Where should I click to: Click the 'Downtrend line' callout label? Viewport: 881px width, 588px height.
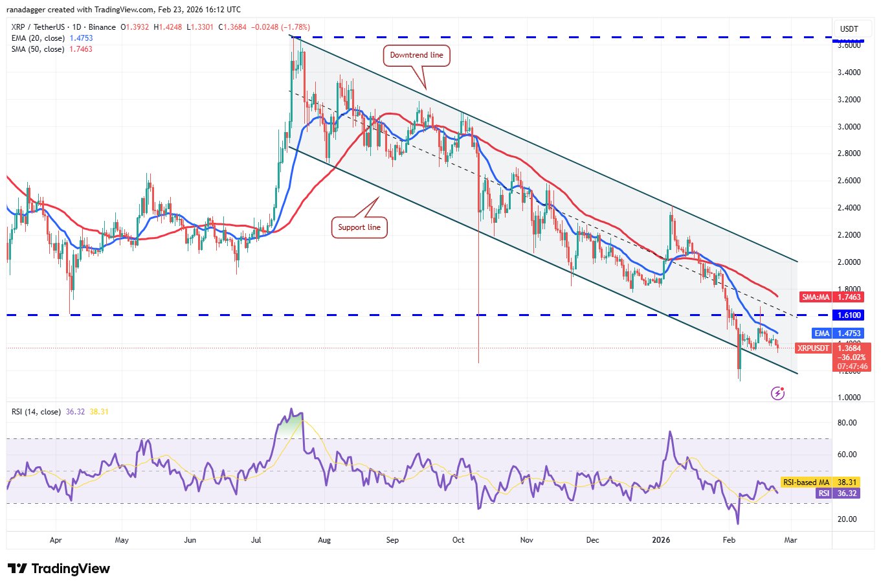point(416,55)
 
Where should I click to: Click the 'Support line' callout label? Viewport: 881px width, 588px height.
point(359,227)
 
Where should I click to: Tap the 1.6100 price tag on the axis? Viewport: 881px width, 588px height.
point(849,315)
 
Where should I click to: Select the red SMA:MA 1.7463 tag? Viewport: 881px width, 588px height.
point(832,297)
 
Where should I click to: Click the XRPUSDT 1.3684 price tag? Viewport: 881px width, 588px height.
point(832,348)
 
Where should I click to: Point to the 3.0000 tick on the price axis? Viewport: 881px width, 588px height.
point(849,126)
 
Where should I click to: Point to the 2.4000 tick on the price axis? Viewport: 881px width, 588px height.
point(849,208)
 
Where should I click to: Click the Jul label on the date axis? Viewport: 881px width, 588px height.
point(256,540)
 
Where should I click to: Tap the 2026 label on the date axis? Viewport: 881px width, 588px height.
point(661,540)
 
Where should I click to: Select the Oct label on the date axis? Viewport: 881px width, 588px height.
point(458,540)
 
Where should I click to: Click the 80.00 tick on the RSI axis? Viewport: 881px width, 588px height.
point(847,423)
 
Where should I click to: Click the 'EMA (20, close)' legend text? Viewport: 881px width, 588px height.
point(38,38)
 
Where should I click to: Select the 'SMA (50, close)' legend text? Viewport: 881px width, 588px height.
point(38,49)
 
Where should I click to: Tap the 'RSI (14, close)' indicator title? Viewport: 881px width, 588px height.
point(36,412)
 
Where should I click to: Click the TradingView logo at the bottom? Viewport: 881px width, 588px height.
point(59,569)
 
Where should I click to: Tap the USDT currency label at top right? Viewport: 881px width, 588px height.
point(849,29)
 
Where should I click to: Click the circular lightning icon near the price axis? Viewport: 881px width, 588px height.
point(778,393)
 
